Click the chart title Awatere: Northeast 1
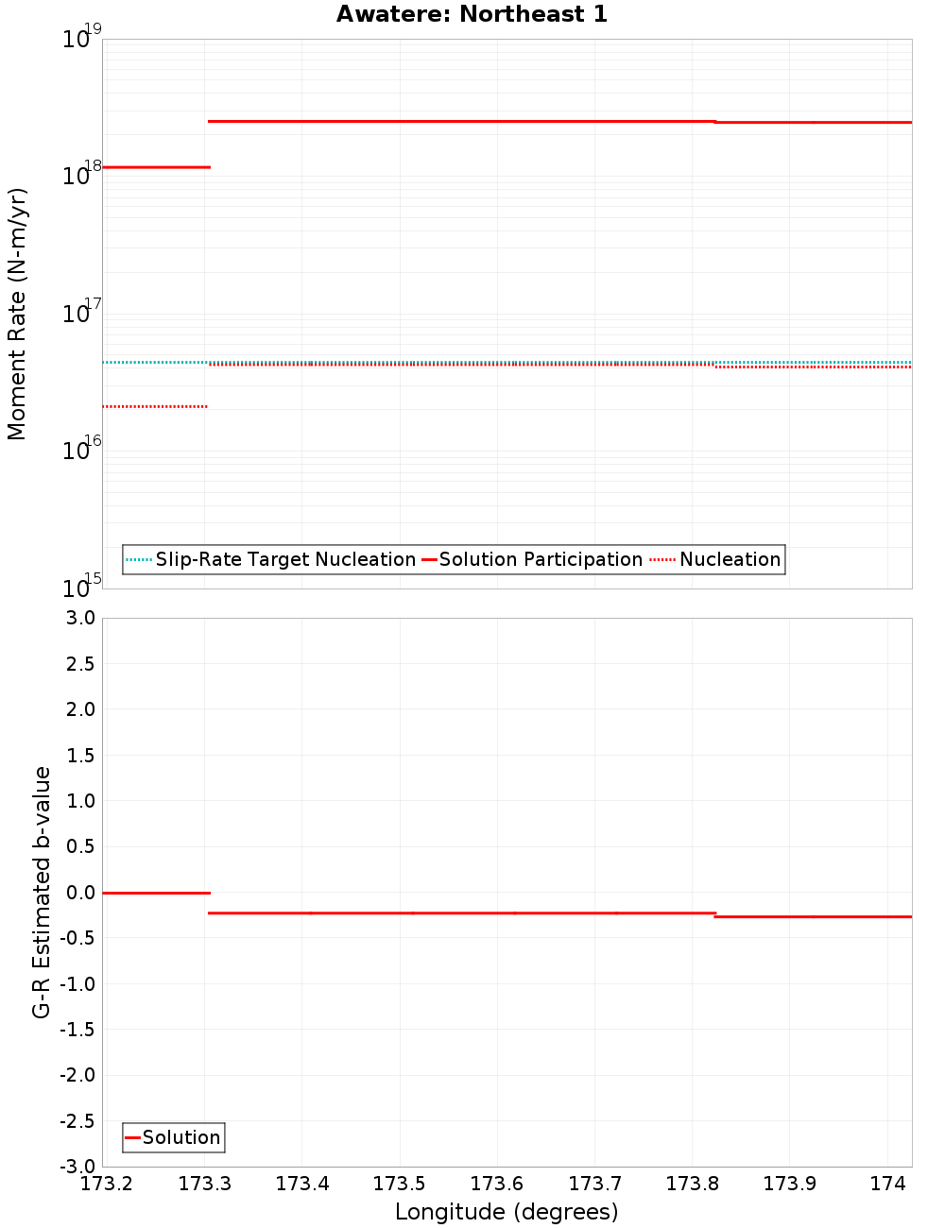472,14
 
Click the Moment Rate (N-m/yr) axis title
17,314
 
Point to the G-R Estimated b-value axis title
42,892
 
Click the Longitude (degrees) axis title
507,1212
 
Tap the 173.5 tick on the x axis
400,1184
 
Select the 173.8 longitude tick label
692,1184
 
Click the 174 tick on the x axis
887,1184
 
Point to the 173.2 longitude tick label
107,1184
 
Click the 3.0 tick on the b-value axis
77,618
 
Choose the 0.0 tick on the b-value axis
77,892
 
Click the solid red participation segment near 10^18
156,167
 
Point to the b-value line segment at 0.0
156,893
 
